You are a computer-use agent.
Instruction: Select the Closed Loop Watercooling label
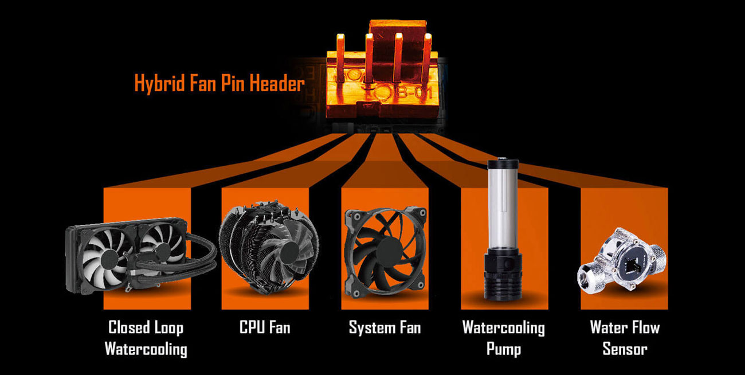(x=146, y=338)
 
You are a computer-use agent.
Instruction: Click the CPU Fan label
(x=265, y=327)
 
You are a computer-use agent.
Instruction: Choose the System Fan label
(x=385, y=328)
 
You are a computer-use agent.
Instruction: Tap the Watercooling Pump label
(x=504, y=338)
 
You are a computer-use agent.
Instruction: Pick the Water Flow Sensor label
(x=625, y=338)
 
